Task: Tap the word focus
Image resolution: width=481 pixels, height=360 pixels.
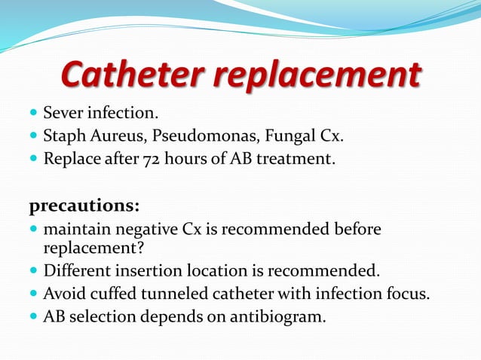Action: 408,294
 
